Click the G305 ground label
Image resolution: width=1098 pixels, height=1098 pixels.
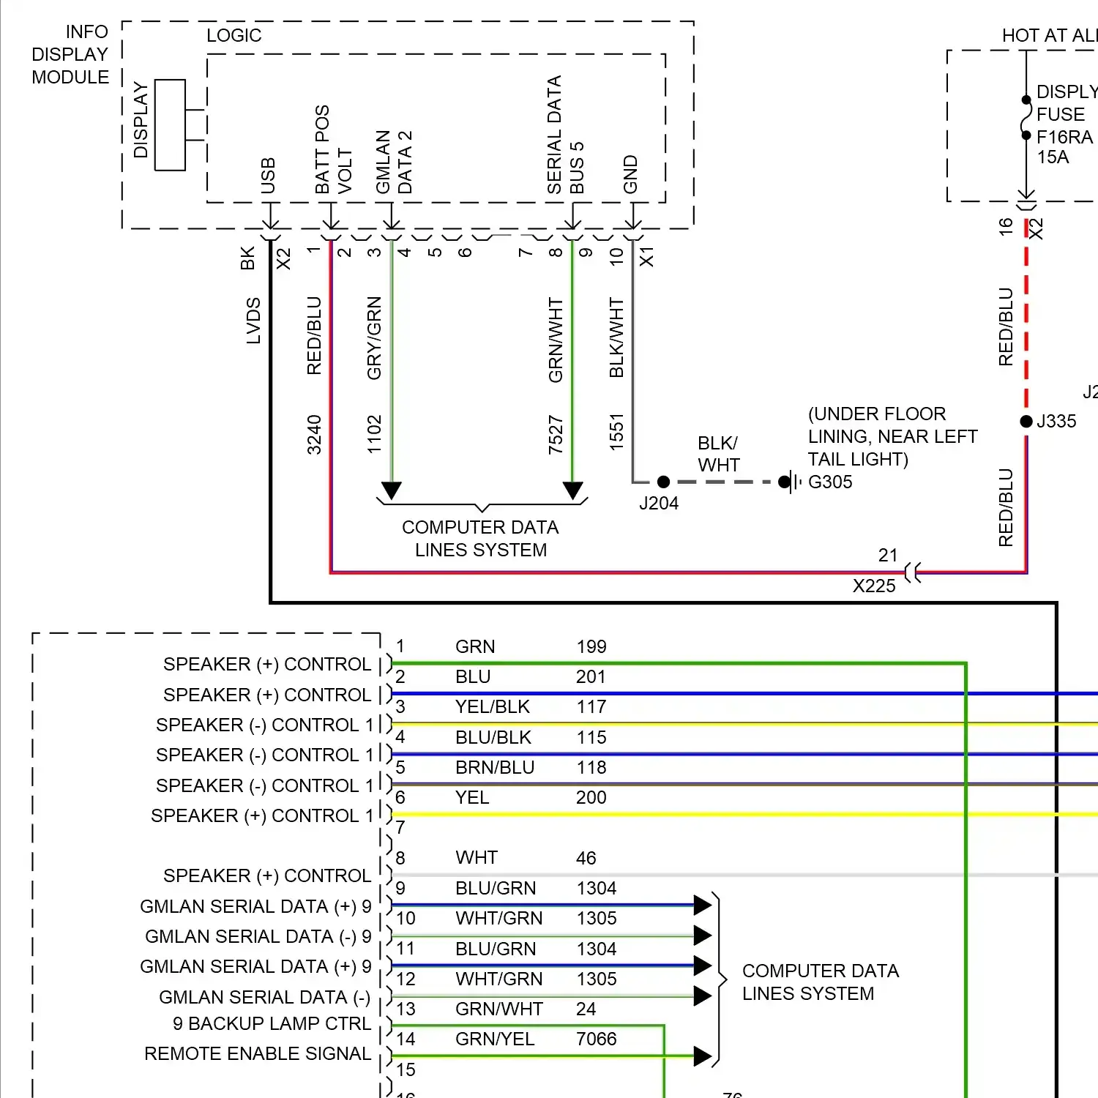830,482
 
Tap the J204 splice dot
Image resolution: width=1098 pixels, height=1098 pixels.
663,482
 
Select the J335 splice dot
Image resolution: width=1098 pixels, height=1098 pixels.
1026,421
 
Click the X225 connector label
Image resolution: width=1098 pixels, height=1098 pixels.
874,586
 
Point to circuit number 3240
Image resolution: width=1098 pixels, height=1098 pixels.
314,434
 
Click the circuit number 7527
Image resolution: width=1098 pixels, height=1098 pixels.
556,434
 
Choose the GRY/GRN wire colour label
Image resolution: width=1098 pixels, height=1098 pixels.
374,338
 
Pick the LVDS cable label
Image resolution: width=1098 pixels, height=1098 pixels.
253,321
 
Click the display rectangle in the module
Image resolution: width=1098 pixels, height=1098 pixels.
170,125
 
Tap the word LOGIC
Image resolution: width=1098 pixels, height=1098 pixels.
234,35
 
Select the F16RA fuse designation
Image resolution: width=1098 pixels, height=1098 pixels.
1064,137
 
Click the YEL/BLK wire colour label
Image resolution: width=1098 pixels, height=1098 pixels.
493,706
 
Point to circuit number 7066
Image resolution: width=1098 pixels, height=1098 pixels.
596,1039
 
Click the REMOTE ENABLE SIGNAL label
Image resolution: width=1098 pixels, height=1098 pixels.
258,1053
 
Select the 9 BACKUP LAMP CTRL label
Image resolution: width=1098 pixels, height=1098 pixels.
272,1023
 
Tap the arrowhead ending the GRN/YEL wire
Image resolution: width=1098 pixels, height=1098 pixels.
702,1056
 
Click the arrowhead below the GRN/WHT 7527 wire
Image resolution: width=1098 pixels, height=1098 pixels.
572,490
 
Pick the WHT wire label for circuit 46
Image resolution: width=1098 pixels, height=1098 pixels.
477,857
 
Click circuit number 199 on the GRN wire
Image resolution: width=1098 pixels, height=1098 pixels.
591,646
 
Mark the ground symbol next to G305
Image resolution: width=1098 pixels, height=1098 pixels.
788,482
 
